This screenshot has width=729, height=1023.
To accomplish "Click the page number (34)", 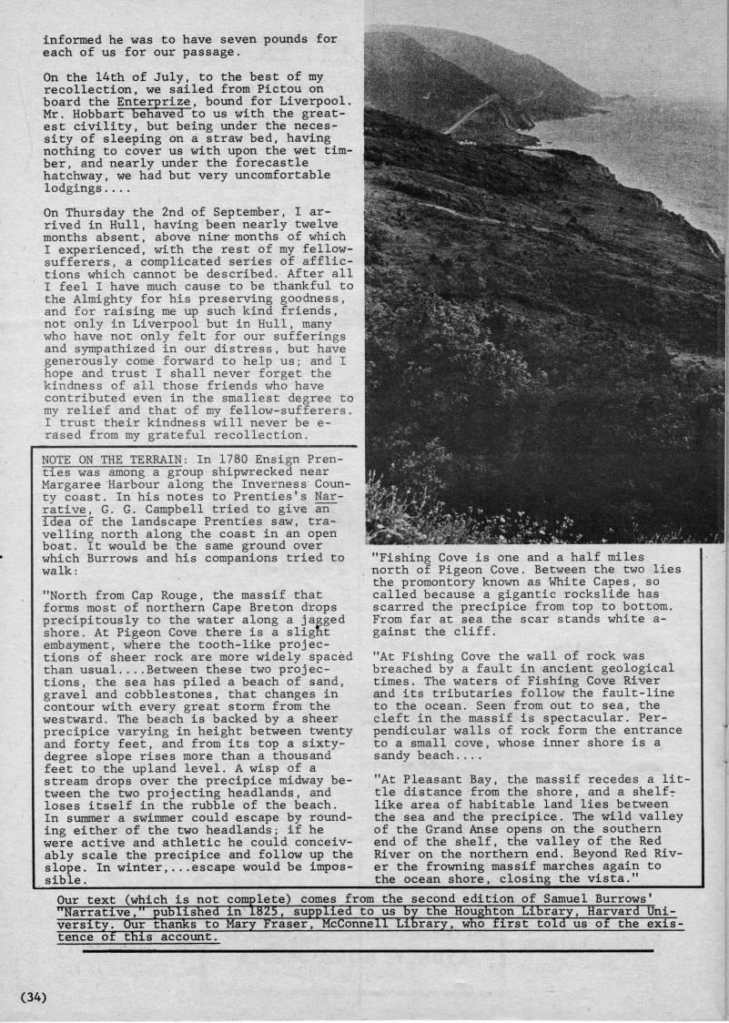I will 32,997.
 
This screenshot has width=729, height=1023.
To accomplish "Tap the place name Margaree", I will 75,484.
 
